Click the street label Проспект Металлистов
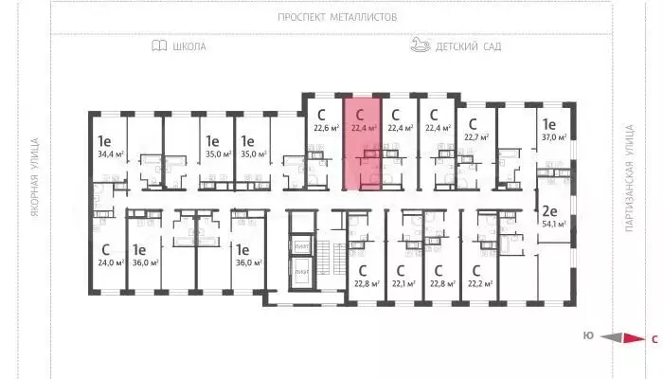[x=338, y=17]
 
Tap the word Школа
[x=190, y=45]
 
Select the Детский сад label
[x=468, y=45]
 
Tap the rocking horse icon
[x=421, y=45]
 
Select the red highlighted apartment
[x=364, y=142]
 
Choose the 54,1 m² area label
[x=553, y=225]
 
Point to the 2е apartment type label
[x=548, y=210]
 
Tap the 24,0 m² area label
[x=112, y=262]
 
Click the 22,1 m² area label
[x=404, y=282]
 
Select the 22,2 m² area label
[x=479, y=282]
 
